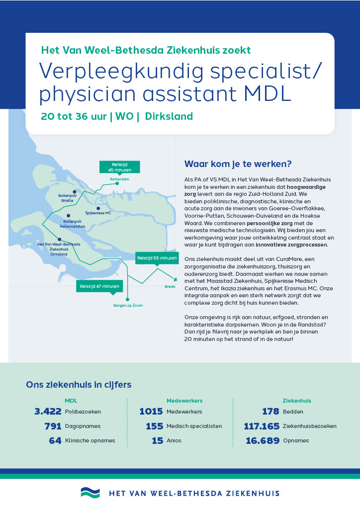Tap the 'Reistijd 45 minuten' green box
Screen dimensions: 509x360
pyautogui.click(x=120, y=167)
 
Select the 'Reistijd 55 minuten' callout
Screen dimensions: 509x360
pyautogui.click(x=157, y=258)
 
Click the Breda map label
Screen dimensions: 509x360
pyautogui.click(x=170, y=287)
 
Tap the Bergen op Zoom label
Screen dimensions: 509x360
pyautogui.click(x=128, y=305)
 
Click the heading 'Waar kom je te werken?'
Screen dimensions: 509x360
pyautogui.click(x=238, y=164)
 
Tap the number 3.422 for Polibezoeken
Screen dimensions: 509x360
pyautogui.click(x=48, y=411)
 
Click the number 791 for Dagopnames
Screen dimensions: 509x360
pyautogui.click(x=53, y=426)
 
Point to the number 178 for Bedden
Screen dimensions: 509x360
pyautogui.click(x=270, y=411)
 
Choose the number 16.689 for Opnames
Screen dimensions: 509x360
pyautogui.click(x=263, y=440)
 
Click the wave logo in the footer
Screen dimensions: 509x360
pyautogui.click(x=90, y=493)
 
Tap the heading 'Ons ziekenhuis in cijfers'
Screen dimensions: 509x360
pyautogui.click(x=79, y=385)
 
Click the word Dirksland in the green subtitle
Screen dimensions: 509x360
pyautogui.click(x=169, y=116)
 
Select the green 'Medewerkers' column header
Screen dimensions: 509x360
pyautogui.click(x=184, y=400)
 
